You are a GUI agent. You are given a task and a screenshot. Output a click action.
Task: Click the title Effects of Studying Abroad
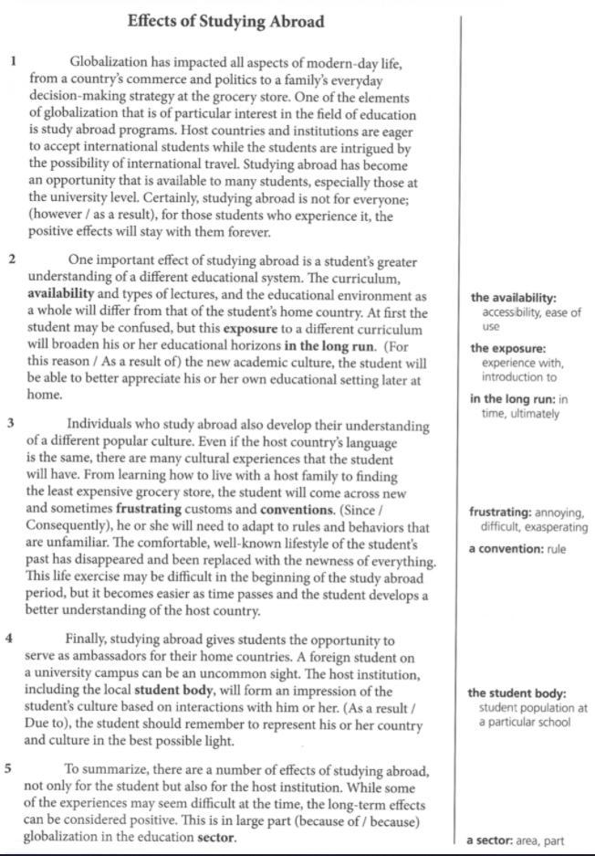(225, 20)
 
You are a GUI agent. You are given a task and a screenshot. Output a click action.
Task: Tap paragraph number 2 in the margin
(12, 259)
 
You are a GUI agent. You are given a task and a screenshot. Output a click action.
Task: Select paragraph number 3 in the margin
(10, 423)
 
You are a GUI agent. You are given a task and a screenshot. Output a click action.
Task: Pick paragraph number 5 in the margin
(8, 767)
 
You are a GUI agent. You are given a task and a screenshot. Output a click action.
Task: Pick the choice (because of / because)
(359, 820)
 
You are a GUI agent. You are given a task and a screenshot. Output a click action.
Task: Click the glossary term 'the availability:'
(514, 298)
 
